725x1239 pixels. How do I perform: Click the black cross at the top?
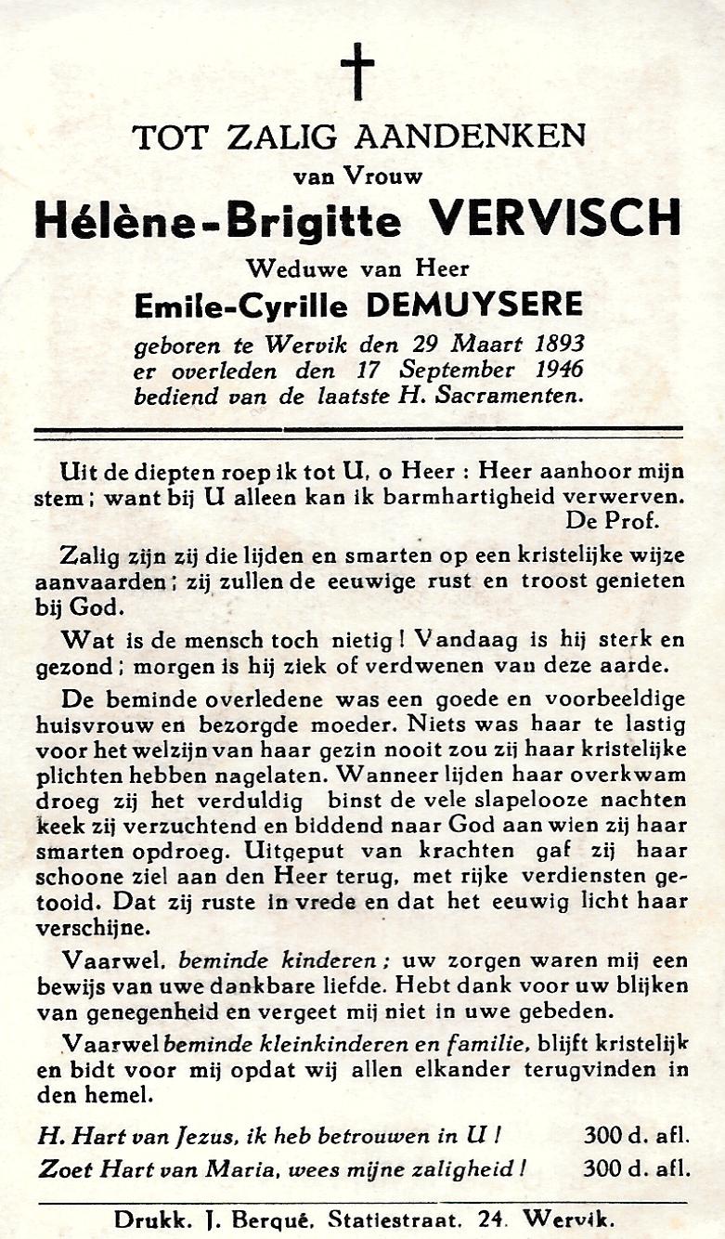[357, 71]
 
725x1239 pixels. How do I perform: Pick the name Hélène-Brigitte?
[218, 221]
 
